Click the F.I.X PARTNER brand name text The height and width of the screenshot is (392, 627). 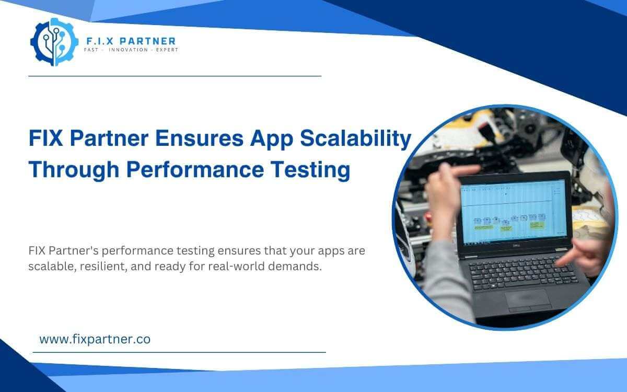(130, 41)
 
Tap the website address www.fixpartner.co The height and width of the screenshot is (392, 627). (95, 339)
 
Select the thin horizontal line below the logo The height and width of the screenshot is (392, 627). (175, 76)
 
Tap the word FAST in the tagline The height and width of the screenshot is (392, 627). (92, 50)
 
